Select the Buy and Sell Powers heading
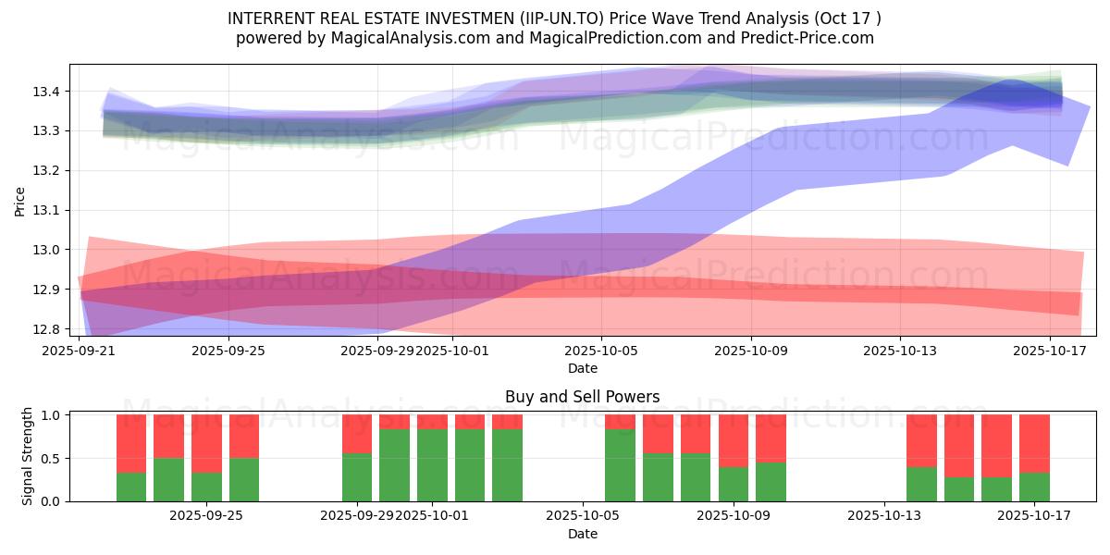pyautogui.click(x=582, y=397)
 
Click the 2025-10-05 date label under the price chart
pyautogui.click(x=601, y=351)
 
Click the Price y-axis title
pyautogui.click(x=19, y=201)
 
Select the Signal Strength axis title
pyautogui.click(x=28, y=456)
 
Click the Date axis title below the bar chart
pyautogui.click(x=582, y=534)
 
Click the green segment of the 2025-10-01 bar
pyautogui.click(x=432, y=465)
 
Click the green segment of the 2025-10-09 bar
pyautogui.click(x=734, y=484)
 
